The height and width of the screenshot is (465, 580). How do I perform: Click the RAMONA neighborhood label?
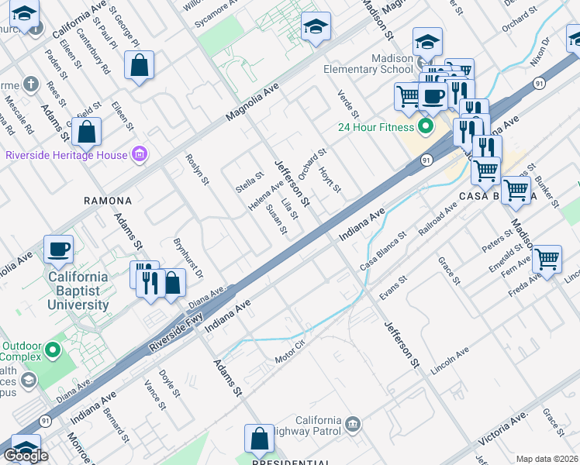coord(108,200)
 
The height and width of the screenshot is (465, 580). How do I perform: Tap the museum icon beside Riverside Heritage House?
coord(140,155)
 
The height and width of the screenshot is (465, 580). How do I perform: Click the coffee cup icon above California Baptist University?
coord(59,249)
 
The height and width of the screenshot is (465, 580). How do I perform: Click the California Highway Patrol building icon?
coord(353,424)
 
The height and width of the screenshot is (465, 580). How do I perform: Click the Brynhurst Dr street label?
coord(187,259)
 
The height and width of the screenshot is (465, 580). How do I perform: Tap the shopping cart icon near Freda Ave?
coord(547,260)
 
